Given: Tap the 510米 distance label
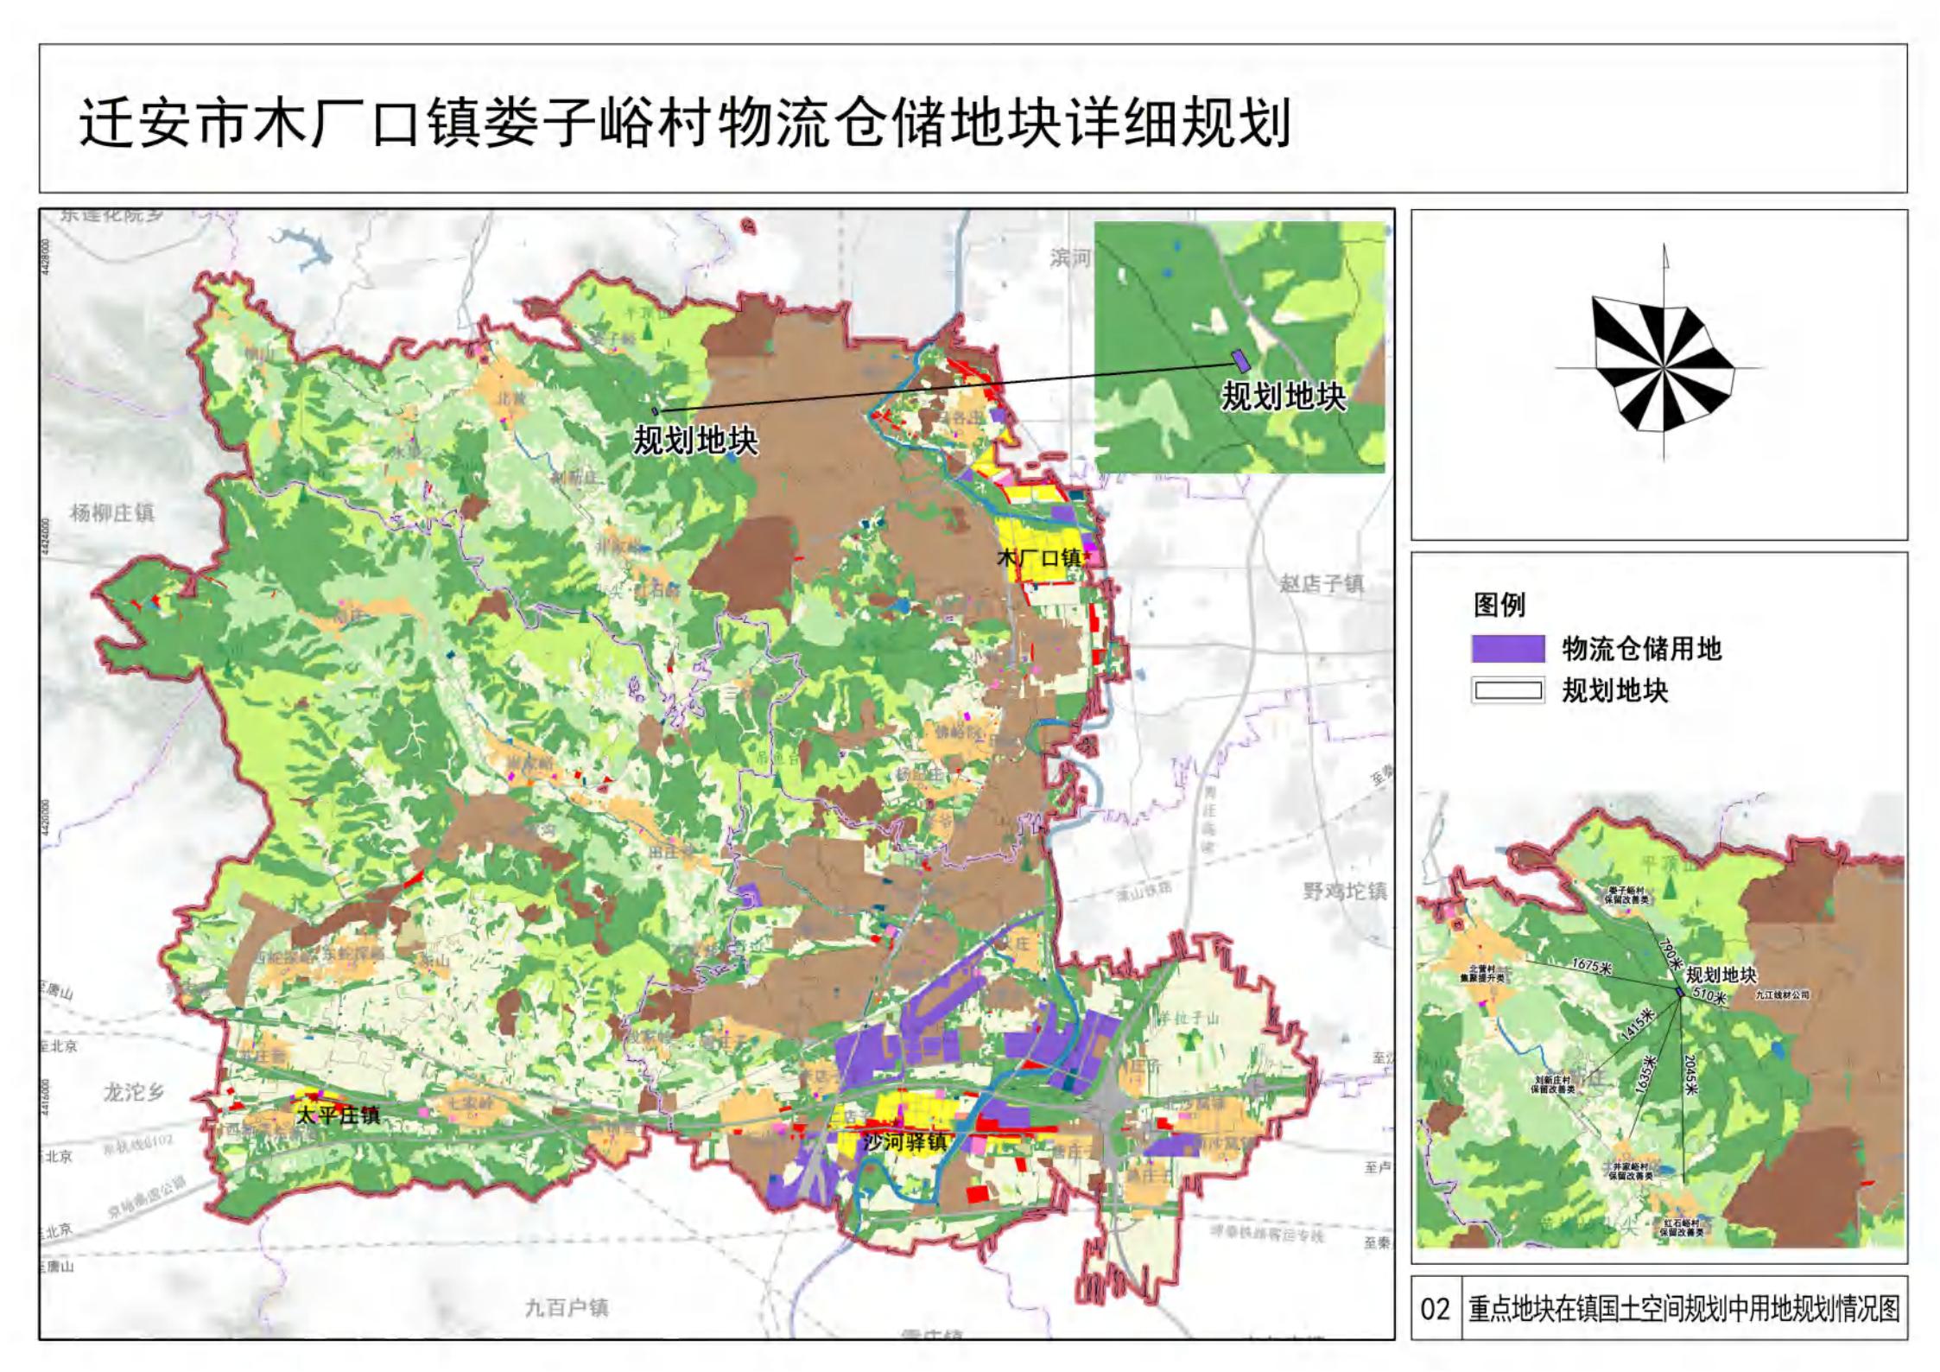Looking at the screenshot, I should [x=1709, y=997].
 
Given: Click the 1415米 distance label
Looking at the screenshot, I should [x=1634, y=1026].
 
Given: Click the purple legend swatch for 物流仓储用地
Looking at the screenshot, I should [x=1508, y=648].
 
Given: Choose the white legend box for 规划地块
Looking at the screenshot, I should [x=1508, y=690].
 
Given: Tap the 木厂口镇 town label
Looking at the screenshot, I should [x=1040, y=557].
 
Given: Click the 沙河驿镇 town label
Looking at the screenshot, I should [x=905, y=1142].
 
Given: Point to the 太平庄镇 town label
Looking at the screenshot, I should [x=338, y=1115].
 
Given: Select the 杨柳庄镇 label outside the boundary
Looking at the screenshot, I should [x=112, y=512].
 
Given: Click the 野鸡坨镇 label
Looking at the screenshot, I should [x=1344, y=891].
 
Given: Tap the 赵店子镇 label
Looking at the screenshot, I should [x=1321, y=584].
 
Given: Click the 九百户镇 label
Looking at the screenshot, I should [x=567, y=1308].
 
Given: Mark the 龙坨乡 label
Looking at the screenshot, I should [x=134, y=1092].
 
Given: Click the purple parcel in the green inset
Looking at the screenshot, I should [x=1240, y=360].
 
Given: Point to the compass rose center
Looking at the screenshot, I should [x=1664, y=367].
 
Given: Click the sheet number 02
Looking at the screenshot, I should [x=1435, y=1309].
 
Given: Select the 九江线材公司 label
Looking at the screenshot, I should [x=1782, y=995].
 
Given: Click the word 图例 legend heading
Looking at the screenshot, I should [x=1499, y=605].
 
